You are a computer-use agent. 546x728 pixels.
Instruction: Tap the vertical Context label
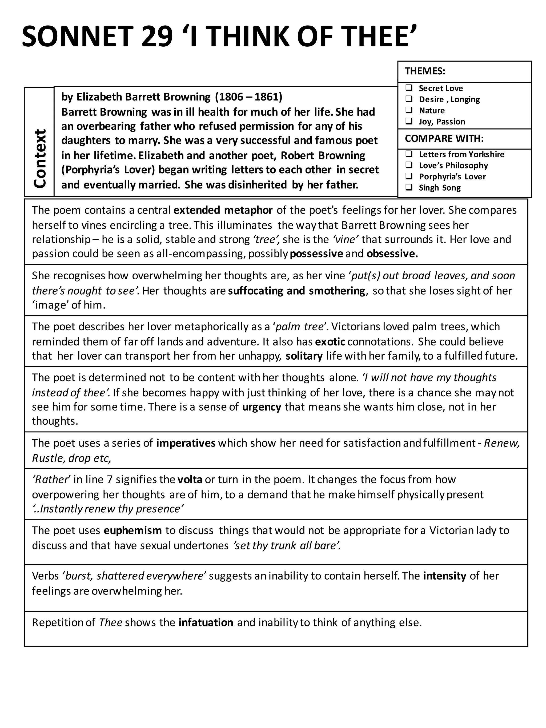[x=40, y=158]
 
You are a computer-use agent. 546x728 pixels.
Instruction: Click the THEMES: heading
[x=425, y=71]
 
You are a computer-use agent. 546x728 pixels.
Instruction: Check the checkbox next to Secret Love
[x=409, y=88]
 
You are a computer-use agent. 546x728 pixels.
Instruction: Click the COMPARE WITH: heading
[x=444, y=139]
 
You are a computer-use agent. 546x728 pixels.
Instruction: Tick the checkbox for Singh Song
[x=409, y=187]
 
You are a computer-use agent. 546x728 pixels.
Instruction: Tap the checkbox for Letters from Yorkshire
[x=409, y=154]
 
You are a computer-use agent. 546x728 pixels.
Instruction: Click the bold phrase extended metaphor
[x=223, y=210]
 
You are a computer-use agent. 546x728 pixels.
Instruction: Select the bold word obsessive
[x=392, y=254]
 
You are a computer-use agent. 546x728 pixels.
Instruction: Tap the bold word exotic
[x=330, y=342]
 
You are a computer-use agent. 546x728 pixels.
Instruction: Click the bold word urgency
[x=262, y=407]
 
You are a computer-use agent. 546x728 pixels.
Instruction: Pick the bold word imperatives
[x=186, y=443]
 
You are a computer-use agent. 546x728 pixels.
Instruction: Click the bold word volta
[x=190, y=480]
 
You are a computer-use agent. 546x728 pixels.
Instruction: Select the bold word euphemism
[x=133, y=530]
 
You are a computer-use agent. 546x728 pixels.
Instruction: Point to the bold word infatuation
[x=206, y=623]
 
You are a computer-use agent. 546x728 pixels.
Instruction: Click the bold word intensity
[x=445, y=576]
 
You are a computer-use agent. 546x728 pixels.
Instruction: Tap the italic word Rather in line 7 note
[x=51, y=480]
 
